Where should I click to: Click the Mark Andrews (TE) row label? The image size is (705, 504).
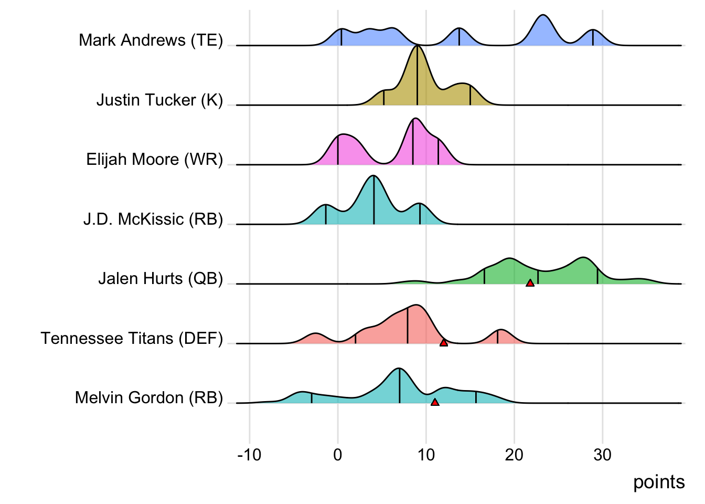151,40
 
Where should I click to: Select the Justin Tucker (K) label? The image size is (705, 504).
159,100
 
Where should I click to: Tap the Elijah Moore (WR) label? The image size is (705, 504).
155,160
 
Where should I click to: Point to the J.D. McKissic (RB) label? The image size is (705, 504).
153,219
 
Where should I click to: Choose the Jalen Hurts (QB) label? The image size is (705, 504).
161,279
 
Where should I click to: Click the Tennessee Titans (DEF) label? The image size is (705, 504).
132,339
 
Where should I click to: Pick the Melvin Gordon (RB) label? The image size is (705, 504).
149,398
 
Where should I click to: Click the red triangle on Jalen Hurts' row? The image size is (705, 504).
530,283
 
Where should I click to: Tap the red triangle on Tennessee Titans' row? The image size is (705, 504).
443,343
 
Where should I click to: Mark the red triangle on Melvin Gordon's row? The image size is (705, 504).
434,402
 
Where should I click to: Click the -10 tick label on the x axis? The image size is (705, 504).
249,455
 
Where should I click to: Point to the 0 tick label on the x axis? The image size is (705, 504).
337,455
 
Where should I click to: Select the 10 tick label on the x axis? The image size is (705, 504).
426,455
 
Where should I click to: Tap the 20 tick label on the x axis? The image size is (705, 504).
514,455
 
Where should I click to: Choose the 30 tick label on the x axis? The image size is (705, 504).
602,455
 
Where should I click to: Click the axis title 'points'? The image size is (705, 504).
659,482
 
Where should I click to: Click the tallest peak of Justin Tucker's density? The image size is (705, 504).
417,47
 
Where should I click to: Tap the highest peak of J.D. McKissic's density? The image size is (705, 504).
373,177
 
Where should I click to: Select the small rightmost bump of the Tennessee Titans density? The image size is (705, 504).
500,331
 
